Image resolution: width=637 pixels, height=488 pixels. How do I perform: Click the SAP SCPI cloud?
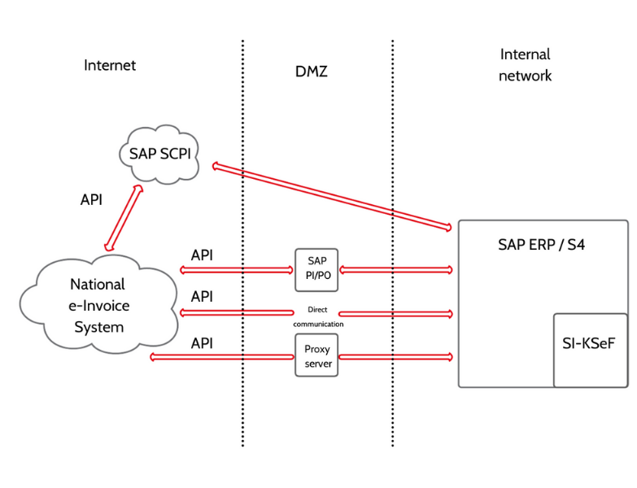click(159, 154)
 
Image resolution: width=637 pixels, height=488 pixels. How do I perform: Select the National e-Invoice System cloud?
click(98, 304)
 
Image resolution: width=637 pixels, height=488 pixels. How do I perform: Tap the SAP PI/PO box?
click(316, 270)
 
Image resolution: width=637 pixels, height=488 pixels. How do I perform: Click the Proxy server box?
click(316, 355)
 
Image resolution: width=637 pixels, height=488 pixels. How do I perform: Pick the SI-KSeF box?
click(591, 350)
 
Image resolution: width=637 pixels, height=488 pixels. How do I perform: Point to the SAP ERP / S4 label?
click(541, 245)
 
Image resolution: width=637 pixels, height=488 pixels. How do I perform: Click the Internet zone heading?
click(110, 65)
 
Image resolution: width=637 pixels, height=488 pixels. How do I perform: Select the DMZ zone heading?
click(312, 72)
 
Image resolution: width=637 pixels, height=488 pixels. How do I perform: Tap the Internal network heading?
click(525, 65)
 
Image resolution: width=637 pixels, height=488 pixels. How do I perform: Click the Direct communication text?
click(318, 316)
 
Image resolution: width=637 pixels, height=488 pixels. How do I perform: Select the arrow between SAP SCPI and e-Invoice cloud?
click(124, 218)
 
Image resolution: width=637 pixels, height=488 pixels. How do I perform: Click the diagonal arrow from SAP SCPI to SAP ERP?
click(332, 197)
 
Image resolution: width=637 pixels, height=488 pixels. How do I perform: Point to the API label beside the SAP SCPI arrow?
click(91, 200)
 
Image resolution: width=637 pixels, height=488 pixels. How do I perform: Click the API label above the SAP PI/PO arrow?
click(202, 255)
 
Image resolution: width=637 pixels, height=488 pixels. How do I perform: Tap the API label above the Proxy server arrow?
click(202, 343)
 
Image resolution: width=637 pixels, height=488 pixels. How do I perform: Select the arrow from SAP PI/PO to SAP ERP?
click(395, 269)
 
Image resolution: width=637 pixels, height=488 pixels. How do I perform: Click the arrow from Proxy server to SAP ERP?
click(395, 357)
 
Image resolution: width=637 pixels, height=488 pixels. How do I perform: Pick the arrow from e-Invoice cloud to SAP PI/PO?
click(237, 270)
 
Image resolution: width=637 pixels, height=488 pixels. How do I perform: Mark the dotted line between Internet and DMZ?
click(243, 243)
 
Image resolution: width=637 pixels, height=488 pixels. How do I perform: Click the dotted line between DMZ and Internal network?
click(392, 243)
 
